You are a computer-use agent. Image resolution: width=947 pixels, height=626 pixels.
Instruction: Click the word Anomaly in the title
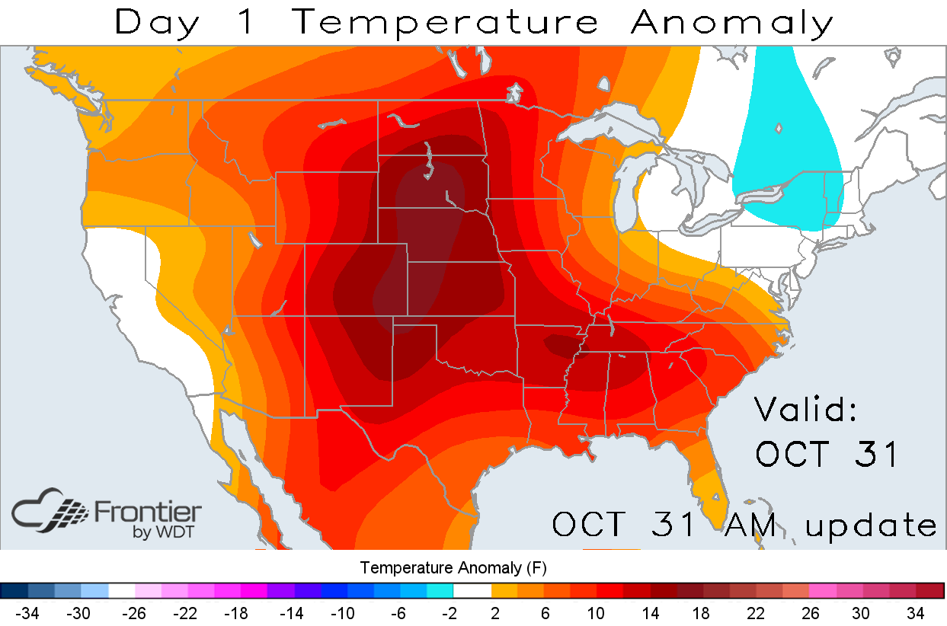(x=732, y=23)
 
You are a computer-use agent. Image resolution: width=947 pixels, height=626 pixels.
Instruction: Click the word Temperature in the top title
(x=446, y=23)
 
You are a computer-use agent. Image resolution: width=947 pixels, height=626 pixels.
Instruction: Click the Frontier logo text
(x=147, y=510)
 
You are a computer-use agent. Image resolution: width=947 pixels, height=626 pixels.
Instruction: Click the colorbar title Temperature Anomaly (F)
(x=453, y=567)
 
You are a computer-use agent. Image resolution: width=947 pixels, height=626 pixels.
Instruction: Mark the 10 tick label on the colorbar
(x=597, y=613)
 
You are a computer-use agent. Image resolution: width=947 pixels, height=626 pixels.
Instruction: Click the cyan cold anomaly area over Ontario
(x=785, y=152)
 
